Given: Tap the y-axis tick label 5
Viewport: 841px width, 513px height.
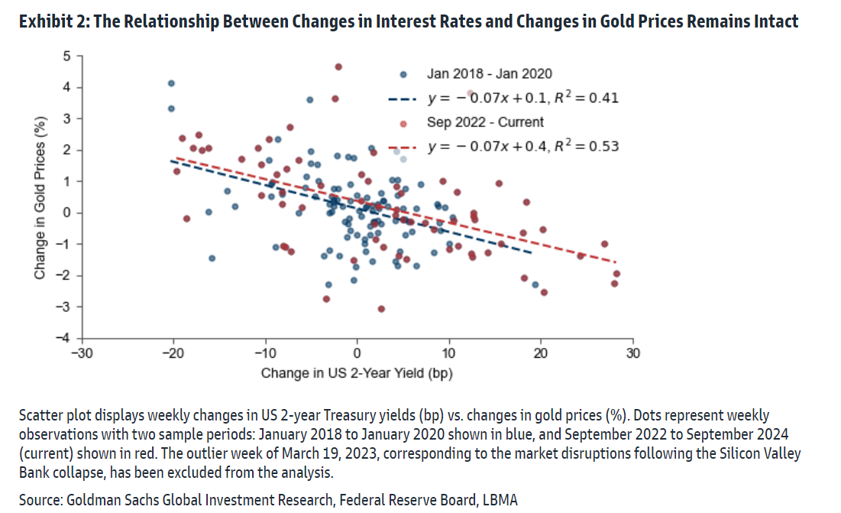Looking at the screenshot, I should click(x=66, y=56).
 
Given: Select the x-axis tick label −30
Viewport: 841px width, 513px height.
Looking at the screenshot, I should click(x=81, y=353).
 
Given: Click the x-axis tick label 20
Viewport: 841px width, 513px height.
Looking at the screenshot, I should click(x=541, y=353).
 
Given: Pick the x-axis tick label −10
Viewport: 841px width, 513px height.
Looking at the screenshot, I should click(x=264, y=353).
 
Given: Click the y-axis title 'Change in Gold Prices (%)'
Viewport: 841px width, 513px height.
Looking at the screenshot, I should click(x=40, y=197).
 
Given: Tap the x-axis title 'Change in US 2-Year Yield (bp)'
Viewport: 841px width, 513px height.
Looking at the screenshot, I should click(x=356, y=373).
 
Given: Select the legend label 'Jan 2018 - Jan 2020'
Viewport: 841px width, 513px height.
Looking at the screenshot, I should click(x=489, y=74).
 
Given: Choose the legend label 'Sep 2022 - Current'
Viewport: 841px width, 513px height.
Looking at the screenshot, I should click(x=485, y=122).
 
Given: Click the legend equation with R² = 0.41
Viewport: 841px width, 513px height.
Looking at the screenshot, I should click(x=522, y=98).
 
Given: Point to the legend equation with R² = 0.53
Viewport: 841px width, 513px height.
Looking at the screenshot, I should click(x=522, y=146).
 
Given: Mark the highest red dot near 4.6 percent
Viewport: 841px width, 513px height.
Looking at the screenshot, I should click(x=338, y=67).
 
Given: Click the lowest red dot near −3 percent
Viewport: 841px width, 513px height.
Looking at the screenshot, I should click(x=381, y=309).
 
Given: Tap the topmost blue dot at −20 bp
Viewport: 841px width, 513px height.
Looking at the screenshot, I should click(x=171, y=83).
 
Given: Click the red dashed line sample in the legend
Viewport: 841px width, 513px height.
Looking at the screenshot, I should click(x=403, y=146).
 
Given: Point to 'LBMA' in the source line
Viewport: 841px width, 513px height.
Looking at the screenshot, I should click(x=500, y=500).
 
